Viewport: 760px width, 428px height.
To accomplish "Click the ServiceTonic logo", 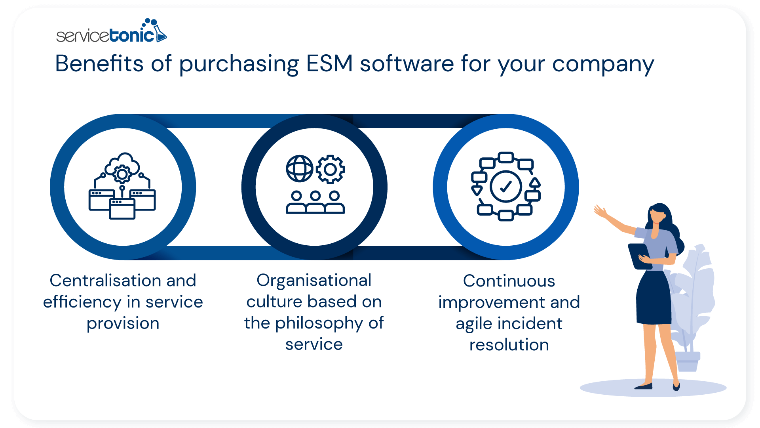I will point(111,32).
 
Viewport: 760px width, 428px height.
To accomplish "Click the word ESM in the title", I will point(329,63).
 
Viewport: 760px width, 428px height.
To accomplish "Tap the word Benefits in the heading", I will point(99,63).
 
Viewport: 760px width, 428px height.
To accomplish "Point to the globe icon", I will point(300,168).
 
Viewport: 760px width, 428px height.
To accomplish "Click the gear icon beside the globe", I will point(331,169).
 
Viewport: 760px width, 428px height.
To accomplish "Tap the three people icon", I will point(315,203).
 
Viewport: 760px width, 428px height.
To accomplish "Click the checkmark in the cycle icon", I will point(505,186).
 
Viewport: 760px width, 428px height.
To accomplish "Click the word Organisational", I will point(314,281).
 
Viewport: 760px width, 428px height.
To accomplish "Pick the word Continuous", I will point(509,281).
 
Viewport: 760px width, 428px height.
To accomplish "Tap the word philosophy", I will point(319,323).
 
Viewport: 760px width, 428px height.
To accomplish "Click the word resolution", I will point(509,345).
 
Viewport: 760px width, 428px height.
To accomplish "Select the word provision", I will point(123,323).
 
